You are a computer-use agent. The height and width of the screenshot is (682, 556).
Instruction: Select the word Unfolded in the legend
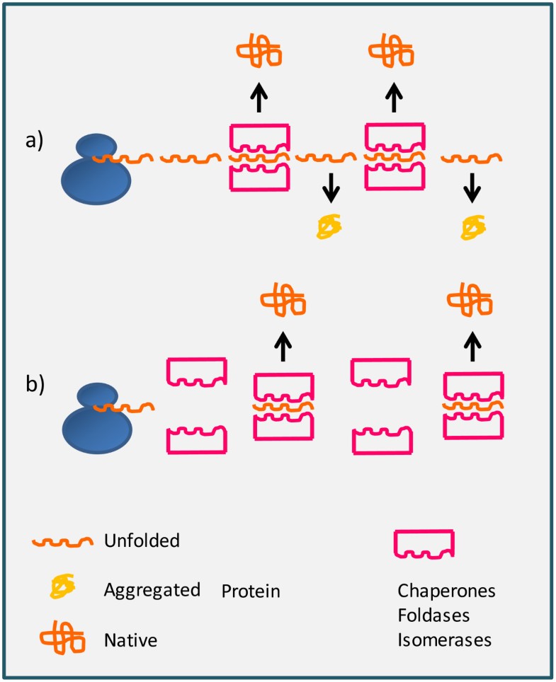click(x=141, y=541)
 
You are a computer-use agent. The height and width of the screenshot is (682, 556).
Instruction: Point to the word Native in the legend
click(x=130, y=641)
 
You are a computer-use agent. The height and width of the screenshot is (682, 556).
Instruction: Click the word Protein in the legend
click(x=251, y=591)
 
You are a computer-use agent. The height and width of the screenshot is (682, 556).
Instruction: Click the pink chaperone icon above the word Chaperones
click(x=424, y=543)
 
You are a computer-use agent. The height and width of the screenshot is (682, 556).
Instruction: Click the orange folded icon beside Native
click(x=62, y=639)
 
